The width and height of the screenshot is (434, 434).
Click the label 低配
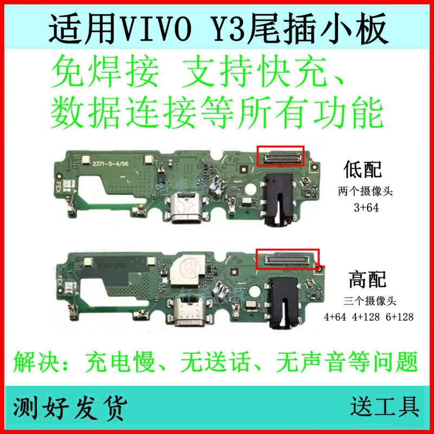pyautogui.click(x=363, y=170)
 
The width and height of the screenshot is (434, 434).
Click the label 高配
pyautogui.click(x=368, y=279)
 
